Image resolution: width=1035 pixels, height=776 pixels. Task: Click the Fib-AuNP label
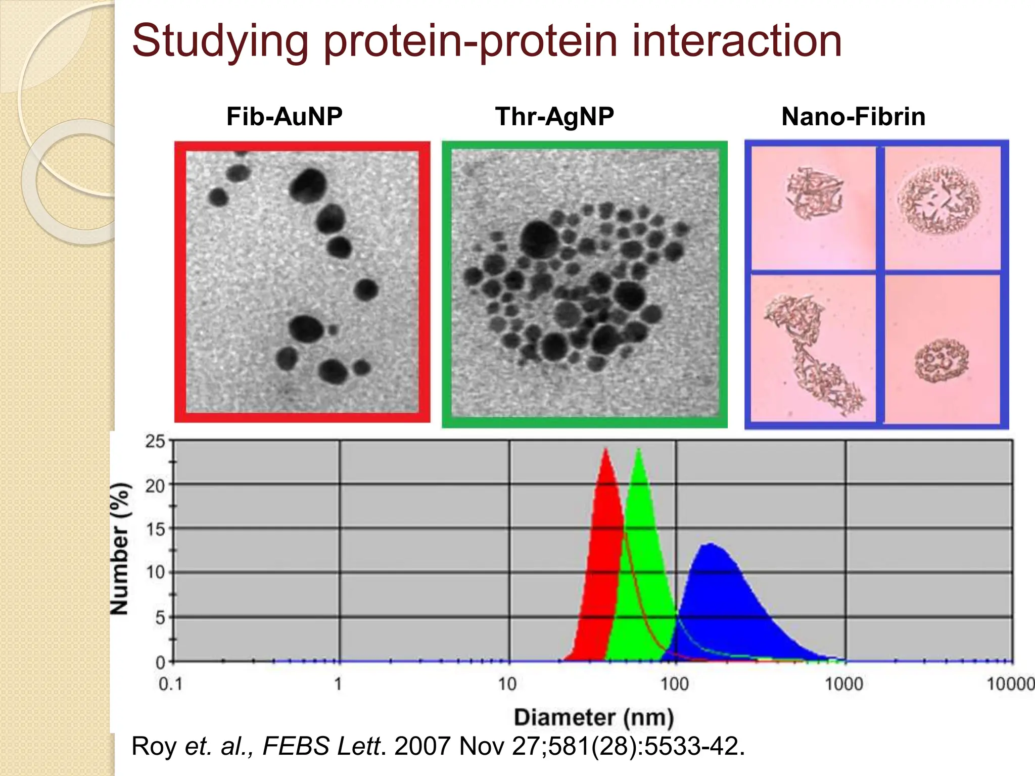(284, 117)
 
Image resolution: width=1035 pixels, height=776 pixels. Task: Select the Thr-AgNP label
(554, 117)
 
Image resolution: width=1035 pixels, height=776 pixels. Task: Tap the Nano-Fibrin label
(853, 117)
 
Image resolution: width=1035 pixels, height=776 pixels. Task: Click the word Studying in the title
(220, 41)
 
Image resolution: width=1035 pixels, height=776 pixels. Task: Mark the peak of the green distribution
(639, 450)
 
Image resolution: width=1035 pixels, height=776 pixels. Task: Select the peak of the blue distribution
(710, 545)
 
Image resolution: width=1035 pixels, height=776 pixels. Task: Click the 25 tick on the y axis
(155, 442)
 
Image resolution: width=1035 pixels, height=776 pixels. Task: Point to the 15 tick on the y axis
(155, 529)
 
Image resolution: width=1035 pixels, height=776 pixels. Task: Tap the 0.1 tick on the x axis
(170, 684)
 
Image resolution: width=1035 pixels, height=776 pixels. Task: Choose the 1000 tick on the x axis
(844, 684)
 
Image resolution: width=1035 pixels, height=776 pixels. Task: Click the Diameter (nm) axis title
(594, 717)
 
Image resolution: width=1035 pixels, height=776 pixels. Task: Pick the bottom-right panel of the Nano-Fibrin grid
(942, 349)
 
